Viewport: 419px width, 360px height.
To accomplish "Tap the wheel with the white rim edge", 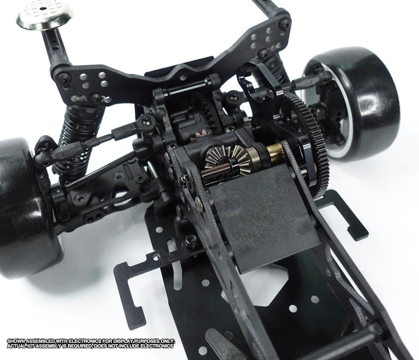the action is [353, 104].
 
